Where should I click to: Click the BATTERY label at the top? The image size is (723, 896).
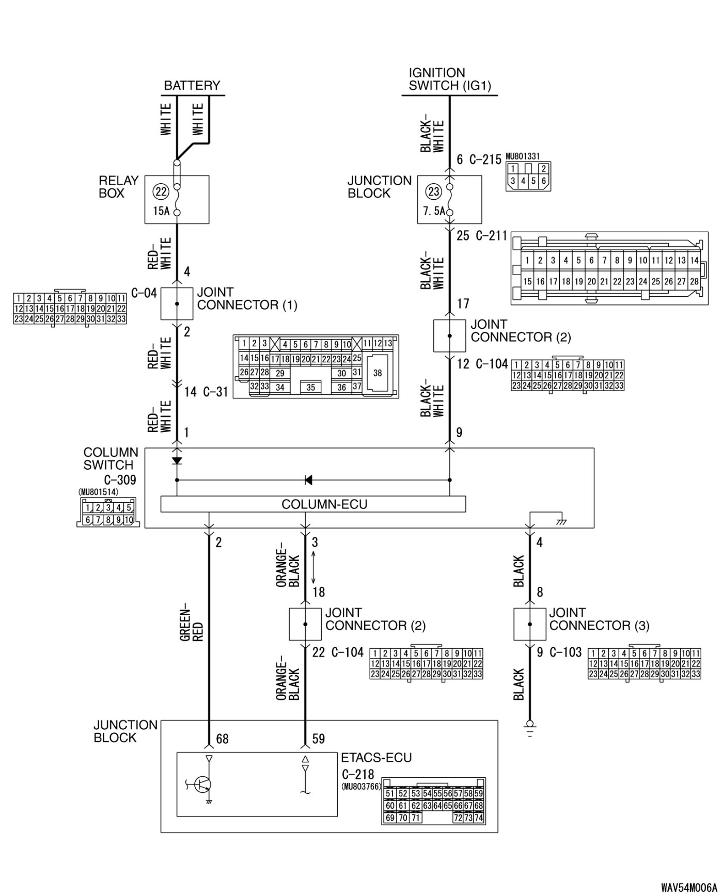[192, 86]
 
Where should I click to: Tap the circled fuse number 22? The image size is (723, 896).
[161, 192]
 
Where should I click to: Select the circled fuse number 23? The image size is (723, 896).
[433, 192]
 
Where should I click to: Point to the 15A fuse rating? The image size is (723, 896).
[161, 211]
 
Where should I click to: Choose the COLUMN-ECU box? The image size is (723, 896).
[313, 504]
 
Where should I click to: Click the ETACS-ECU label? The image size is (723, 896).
[376, 758]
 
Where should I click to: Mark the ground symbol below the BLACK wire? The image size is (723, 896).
[530, 727]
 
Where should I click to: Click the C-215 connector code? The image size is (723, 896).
[485, 160]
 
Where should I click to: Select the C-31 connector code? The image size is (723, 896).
[215, 392]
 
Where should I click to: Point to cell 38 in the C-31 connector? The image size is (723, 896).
[378, 373]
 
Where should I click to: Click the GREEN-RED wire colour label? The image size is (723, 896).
[192, 626]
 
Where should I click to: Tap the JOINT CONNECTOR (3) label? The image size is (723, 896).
[599, 619]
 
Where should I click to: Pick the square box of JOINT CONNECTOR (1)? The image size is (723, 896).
[177, 304]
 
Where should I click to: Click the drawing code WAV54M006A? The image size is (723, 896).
[689, 887]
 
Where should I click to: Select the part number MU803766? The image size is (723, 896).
[361, 787]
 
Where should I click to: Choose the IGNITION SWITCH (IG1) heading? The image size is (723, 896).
[450, 79]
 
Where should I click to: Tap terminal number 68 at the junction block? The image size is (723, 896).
[223, 739]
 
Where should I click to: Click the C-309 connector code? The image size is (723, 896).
[119, 480]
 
